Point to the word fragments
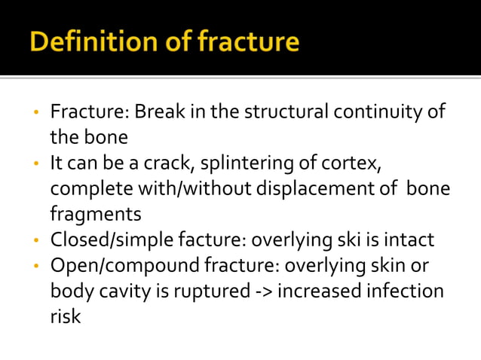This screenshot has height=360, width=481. [95, 215]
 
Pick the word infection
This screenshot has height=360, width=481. [406, 291]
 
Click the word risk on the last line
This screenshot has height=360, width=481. [65, 316]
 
